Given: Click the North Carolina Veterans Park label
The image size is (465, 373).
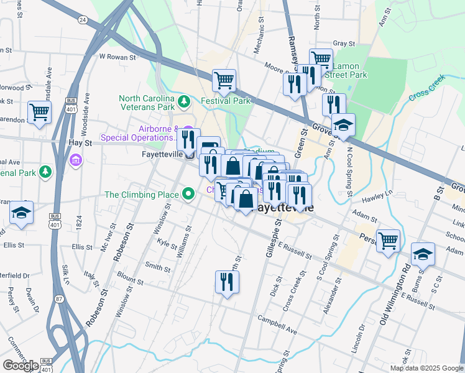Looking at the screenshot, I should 147,103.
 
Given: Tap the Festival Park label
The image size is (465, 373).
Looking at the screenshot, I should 225,101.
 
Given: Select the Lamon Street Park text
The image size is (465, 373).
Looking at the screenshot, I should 350,70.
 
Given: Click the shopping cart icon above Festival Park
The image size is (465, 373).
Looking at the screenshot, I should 224,80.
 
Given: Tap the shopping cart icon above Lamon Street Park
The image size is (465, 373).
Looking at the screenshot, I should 321,60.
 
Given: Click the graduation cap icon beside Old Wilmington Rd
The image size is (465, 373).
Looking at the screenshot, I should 422,255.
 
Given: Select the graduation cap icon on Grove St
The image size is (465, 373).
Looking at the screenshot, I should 343,126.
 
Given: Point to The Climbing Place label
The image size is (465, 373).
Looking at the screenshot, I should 142,195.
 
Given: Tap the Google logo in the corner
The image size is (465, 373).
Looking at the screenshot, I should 21,366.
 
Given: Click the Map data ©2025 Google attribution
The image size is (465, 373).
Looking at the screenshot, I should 426,368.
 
